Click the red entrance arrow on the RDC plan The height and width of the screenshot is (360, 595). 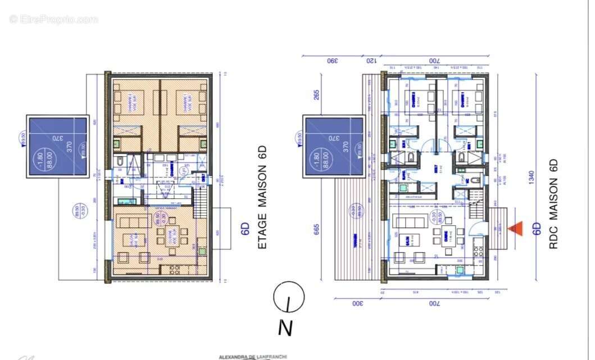pyautogui.click(x=515, y=228)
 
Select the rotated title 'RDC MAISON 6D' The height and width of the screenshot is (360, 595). pyautogui.click(x=553, y=204)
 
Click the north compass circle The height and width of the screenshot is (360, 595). pyautogui.click(x=289, y=296)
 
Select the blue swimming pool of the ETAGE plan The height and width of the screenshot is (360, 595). pyautogui.click(x=57, y=146)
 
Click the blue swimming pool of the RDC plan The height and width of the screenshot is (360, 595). pyautogui.click(x=334, y=146)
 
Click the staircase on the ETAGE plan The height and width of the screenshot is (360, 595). pyautogui.click(x=199, y=197)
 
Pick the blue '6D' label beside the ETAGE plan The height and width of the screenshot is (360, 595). pyautogui.click(x=245, y=228)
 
